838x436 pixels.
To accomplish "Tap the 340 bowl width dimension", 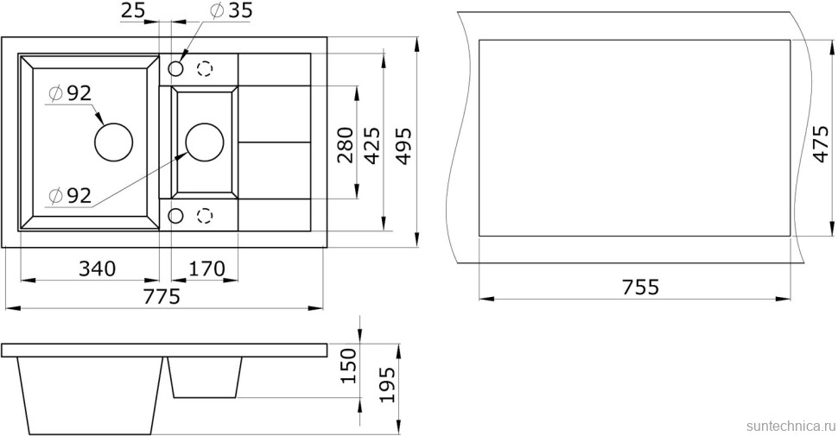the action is [98, 269].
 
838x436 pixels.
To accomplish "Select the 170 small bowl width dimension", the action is [206, 269].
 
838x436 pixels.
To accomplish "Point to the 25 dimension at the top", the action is [132, 10].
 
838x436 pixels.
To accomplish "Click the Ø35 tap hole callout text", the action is [232, 10].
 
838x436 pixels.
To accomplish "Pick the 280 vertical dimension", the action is [346, 145].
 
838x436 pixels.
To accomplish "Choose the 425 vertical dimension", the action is [371, 145].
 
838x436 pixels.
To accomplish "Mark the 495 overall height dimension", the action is [403, 145].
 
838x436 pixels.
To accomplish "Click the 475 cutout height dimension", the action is [820, 143].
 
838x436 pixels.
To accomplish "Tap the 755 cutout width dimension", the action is [641, 287].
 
